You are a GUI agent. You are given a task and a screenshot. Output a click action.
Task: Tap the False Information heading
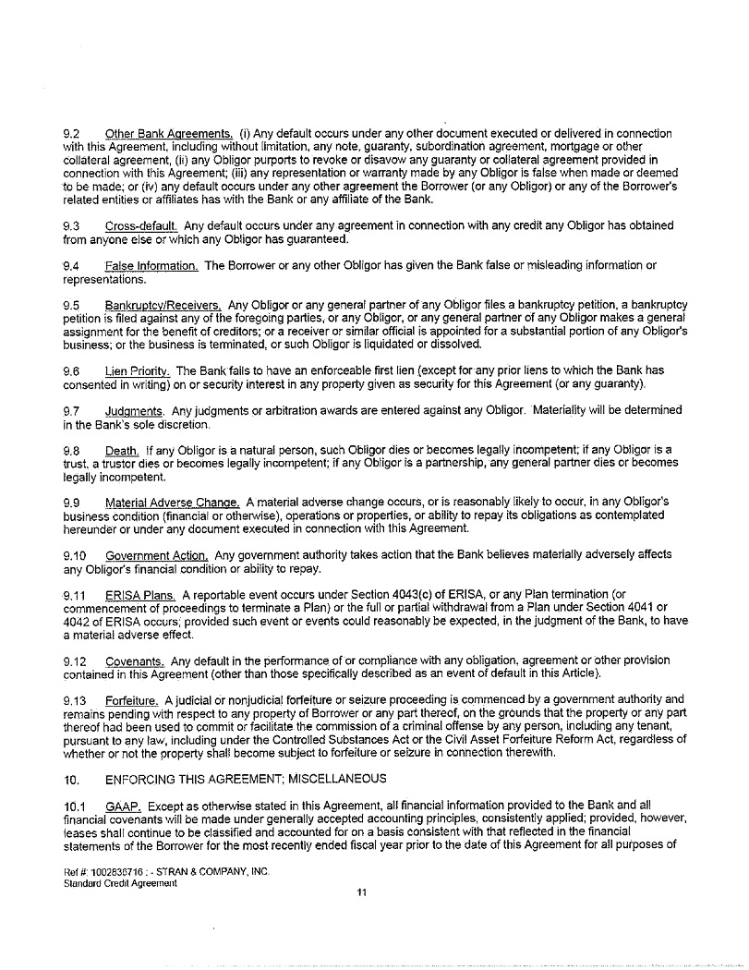[151, 266]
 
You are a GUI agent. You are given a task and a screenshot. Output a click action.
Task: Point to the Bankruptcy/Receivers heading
[163, 305]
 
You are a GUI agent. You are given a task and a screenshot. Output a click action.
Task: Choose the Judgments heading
[135, 410]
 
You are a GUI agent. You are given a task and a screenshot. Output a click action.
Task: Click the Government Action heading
[157, 555]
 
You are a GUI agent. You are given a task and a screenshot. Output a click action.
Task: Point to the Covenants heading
[136, 661]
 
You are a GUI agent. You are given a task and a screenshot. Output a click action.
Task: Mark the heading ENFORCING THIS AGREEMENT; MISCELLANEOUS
[247, 779]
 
